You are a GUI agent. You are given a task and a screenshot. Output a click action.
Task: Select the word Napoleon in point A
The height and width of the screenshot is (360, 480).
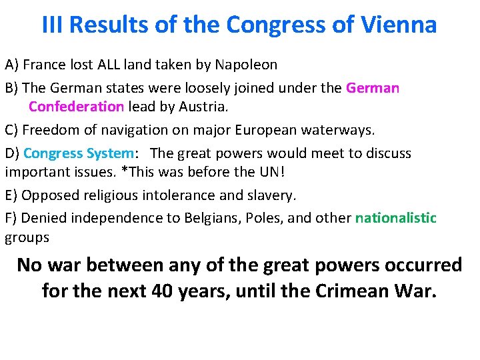click(247, 65)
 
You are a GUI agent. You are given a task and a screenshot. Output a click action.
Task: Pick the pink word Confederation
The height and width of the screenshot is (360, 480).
click(76, 107)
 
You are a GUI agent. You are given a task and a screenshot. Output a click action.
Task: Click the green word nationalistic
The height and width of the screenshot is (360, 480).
click(396, 217)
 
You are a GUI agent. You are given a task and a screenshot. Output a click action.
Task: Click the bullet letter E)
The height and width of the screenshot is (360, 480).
click(12, 195)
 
